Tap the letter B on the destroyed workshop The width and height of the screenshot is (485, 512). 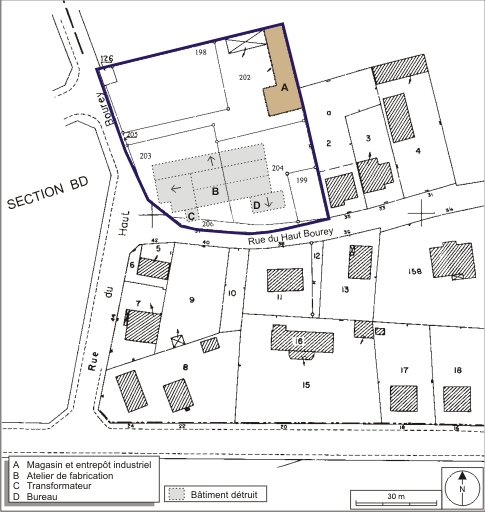click(x=214, y=189)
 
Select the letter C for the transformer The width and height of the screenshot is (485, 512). click(x=190, y=214)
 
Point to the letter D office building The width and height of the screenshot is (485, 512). click(x=256, y=205)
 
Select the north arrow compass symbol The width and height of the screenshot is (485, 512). click(x=463, y=489)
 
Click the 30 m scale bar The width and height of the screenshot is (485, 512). click(x=395, y=496)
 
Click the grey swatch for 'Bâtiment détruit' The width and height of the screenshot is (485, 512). click(x=177, y=494)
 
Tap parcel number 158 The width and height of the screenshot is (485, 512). click(x=444, y=271)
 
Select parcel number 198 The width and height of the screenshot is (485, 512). click(x=201, y=51)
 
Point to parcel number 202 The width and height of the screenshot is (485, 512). click(x=245, y=77)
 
